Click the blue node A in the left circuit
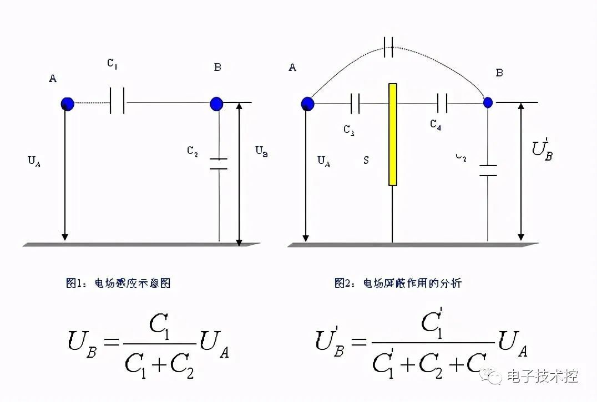(67, 104)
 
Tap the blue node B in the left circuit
(216, 103)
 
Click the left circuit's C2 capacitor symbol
(219, 163)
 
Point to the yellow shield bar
(393, 134)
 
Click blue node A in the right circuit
(307, 103)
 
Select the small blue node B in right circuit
(488, 102)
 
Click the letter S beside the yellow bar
(366, 160)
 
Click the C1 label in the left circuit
(112, 64)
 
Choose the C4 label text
(436, 125)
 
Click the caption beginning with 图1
(118, 283)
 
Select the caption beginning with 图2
(397, 283)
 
